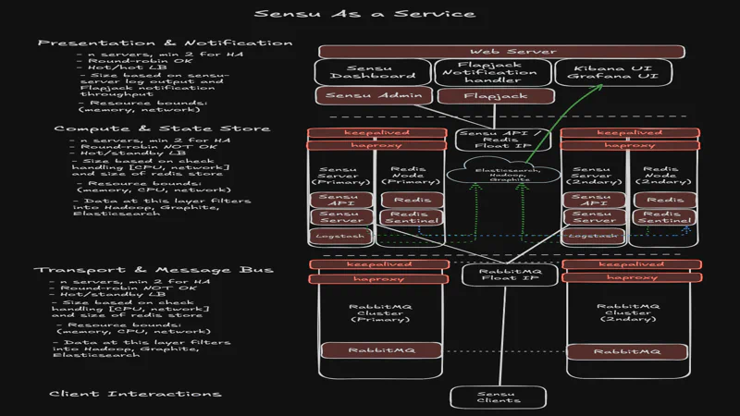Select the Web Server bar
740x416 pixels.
pyautogui.click(x=501, y=52)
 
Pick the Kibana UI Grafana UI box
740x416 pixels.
pyautogui.click(x=617, y=72)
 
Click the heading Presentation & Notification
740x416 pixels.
pyautogui.click(x=165, y=43)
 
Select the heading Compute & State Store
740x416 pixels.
pyautogui.click(x=162, y=128)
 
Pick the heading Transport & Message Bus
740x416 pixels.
pyautogui.click(x=154, y=269)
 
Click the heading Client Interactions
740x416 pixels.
pyautogui.click(x=135, y=394)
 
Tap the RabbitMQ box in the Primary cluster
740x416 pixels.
pyautogui.click(x=367, y=351)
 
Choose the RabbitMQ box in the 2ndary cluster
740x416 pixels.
pyautogui.click(x=620, y=351)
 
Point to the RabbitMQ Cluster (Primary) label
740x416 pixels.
pyautogui.click(x=367, y=312)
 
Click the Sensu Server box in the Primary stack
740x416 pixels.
pyautogui.click(x=340, y=217)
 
